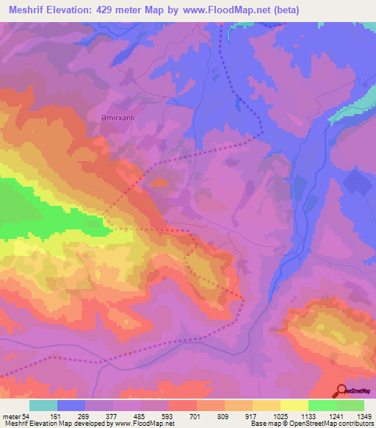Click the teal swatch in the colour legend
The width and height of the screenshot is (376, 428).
tap(43, 406)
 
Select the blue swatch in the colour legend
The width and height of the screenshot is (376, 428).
tap(71, 406)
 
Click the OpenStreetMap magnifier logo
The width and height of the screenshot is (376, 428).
tap(341, 390)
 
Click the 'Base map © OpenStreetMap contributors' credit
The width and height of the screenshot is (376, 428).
tap(311, 424)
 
